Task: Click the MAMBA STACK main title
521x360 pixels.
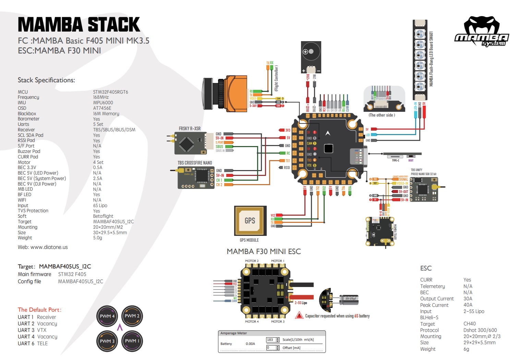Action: (79, 25)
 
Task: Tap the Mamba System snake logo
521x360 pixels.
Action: (481, 32)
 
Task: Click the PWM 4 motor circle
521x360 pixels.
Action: (107, 316)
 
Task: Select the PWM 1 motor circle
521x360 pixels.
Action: (132, 341)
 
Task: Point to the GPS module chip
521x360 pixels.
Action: (250, 220)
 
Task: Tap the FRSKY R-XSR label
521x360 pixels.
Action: (190, 129)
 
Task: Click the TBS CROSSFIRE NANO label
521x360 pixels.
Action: (195, 163)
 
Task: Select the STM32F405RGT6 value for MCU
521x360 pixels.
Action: (110, 92)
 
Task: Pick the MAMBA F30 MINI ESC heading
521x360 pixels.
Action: (264, 252)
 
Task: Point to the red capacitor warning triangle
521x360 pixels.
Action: (299, 315)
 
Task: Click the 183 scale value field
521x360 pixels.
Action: (270, 340)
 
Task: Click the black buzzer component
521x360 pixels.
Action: (311, 57)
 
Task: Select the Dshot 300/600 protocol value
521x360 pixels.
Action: (480, 330)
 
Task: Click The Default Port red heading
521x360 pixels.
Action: (39, 310)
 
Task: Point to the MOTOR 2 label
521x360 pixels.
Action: (252, 261)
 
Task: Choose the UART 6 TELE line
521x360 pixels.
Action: (33, 344)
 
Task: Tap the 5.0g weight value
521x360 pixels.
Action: (98, 238)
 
